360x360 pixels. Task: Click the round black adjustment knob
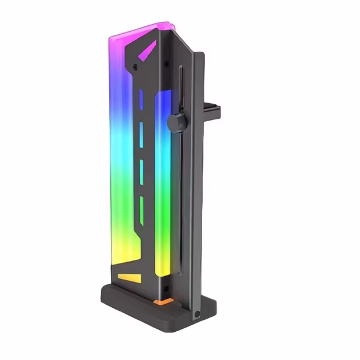tap(175, 122)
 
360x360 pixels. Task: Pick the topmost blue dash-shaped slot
tap(140, 99)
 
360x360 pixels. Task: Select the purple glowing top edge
tap(141, 31)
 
